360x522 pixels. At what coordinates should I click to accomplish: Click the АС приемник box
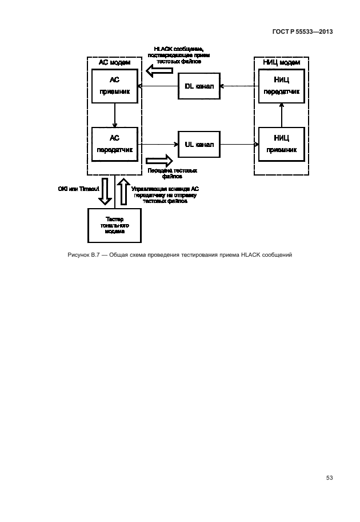[115, 86]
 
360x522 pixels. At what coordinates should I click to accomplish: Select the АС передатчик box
[115, 143]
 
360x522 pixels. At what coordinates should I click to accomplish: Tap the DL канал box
[199, 86]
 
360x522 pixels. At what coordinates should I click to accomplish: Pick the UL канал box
[199, 144]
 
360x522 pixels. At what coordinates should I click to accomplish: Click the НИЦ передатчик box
[281, 86]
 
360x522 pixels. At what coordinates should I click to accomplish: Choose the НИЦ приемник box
[281, 144]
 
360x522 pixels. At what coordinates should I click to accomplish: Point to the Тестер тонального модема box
[115, 225]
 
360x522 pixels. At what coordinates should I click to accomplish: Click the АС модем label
[115, 62]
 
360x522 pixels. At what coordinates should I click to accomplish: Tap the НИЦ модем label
[281, 62]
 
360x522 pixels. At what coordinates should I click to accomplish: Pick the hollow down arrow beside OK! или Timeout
[105, 192]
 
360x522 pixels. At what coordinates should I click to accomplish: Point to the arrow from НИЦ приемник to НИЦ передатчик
[281, 115]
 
